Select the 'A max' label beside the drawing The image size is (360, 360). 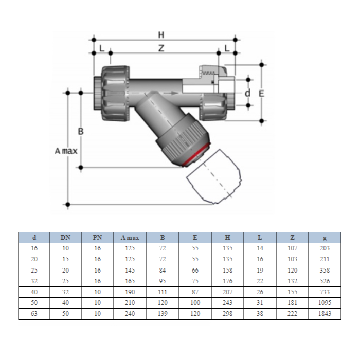click(x=66, y=151)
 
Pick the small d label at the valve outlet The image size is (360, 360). click(x=247, y=93)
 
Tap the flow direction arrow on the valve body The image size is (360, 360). click(x=172, y=93)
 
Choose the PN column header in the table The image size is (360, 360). click(x=97, y=238)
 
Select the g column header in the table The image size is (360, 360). click(x=324, y=238)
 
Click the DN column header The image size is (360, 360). click(x=65, y=238)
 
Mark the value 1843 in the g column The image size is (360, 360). click(x=324, y=314)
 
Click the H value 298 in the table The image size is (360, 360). click(x=227, y=314)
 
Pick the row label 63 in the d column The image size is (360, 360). click(x=34, y=314)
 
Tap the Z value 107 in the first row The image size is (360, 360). click(x=292, y=248)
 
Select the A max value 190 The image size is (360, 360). click(x=130, y=292)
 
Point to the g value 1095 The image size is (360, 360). click(x=324, y=303)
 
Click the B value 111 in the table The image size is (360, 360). click(x=163, y=292)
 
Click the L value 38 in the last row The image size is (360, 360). click(x=260, y=314)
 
